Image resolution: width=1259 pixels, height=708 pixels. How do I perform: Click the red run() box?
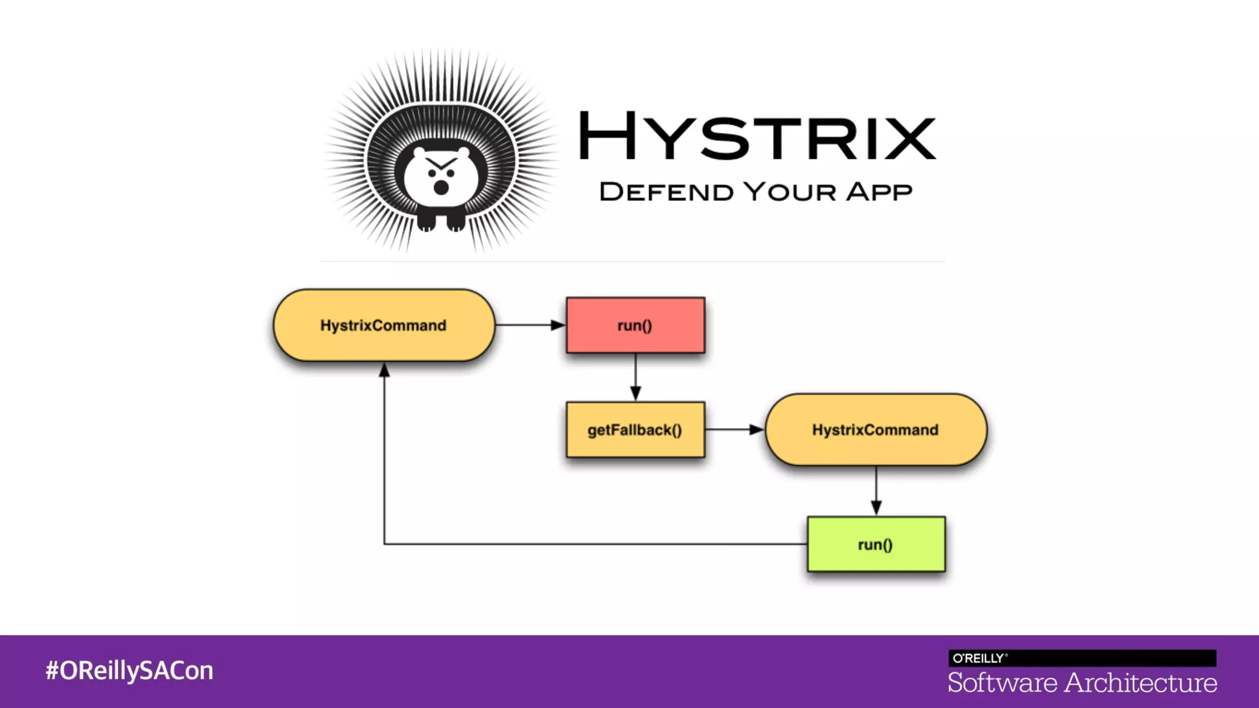click(x=635, y=325)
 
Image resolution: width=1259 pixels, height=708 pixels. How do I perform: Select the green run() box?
click(x=876, y=545)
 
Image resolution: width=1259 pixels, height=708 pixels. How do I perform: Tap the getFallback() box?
click(x=635, y=430)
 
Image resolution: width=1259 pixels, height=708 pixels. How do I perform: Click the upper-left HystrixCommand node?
click(x=384, y=325)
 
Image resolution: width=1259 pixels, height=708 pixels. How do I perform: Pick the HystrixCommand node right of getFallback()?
click(x=875, y=430)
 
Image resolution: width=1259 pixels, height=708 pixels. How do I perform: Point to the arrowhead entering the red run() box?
click(x=558, y=325)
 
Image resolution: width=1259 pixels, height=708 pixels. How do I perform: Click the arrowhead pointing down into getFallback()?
click(x=636, y=393)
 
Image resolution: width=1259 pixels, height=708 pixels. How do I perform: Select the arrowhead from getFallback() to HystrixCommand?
click(x=756, y=430)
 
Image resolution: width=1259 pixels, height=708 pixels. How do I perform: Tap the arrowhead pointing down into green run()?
click(x=876, y=508)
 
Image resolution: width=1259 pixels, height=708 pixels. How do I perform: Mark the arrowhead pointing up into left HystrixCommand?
click(x=384, y=370)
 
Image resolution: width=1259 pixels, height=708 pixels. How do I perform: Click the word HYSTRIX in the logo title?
click(x=757, y=136)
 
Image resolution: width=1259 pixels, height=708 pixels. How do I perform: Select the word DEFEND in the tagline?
click(x=666, y=192)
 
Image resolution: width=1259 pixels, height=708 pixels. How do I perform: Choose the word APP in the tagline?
click(x=879, y=192)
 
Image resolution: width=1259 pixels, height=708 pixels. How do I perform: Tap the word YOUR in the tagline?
click(x=790, y=192)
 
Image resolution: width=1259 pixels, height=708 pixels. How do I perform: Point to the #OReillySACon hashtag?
click(x=129, y=671)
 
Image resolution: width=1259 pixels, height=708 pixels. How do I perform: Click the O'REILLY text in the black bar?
click(x=979, y=658)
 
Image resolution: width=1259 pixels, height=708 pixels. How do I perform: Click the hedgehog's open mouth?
click(x=441, y=187)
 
